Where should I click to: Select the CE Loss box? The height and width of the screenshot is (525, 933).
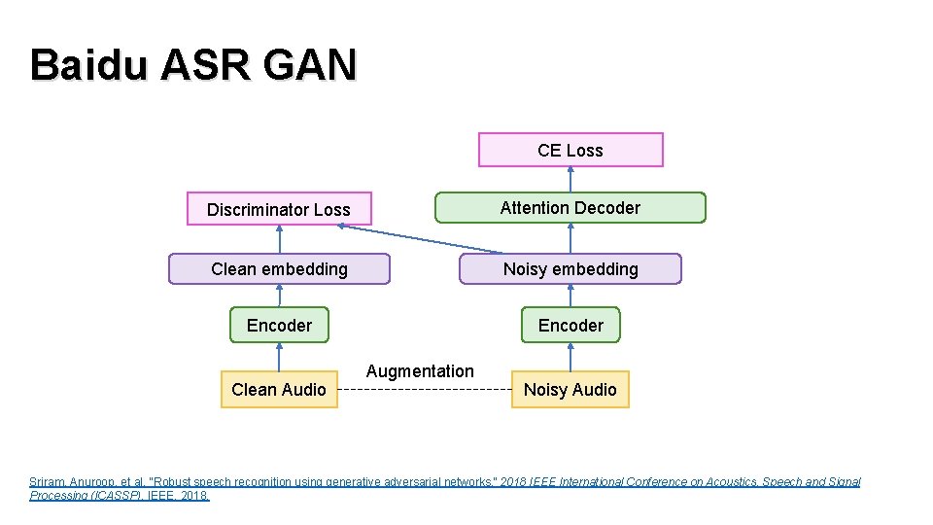point(570,151)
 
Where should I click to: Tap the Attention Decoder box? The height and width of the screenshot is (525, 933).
point(570,208)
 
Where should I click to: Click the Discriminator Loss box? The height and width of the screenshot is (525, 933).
point(279,209)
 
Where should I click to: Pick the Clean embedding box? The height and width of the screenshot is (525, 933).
point(279,269)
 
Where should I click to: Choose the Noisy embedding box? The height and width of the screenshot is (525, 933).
point(570,269)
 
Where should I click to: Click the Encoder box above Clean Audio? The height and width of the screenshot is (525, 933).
point(279,326)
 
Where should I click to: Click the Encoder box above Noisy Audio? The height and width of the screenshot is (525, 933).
point(570,326)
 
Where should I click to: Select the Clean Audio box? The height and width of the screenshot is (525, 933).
point(279,390)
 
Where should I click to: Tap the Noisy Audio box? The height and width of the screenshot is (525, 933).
point(570,390)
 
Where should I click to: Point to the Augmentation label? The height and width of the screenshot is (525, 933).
point(420,371)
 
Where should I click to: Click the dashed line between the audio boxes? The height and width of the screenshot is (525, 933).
point(424,390)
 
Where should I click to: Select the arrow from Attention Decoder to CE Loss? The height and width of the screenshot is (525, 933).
point(570,180)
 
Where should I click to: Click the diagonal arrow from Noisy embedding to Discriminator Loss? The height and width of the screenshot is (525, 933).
point(423,239)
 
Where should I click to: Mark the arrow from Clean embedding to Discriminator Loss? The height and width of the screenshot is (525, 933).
point(279,240)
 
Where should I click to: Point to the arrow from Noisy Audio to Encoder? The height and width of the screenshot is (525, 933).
point(570,357)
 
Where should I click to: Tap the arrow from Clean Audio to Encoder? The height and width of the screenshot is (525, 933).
point(279,357)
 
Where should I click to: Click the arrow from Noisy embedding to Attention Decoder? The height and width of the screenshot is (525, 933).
point(570,239)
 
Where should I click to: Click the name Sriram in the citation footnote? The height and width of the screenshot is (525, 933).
point(48,482)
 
